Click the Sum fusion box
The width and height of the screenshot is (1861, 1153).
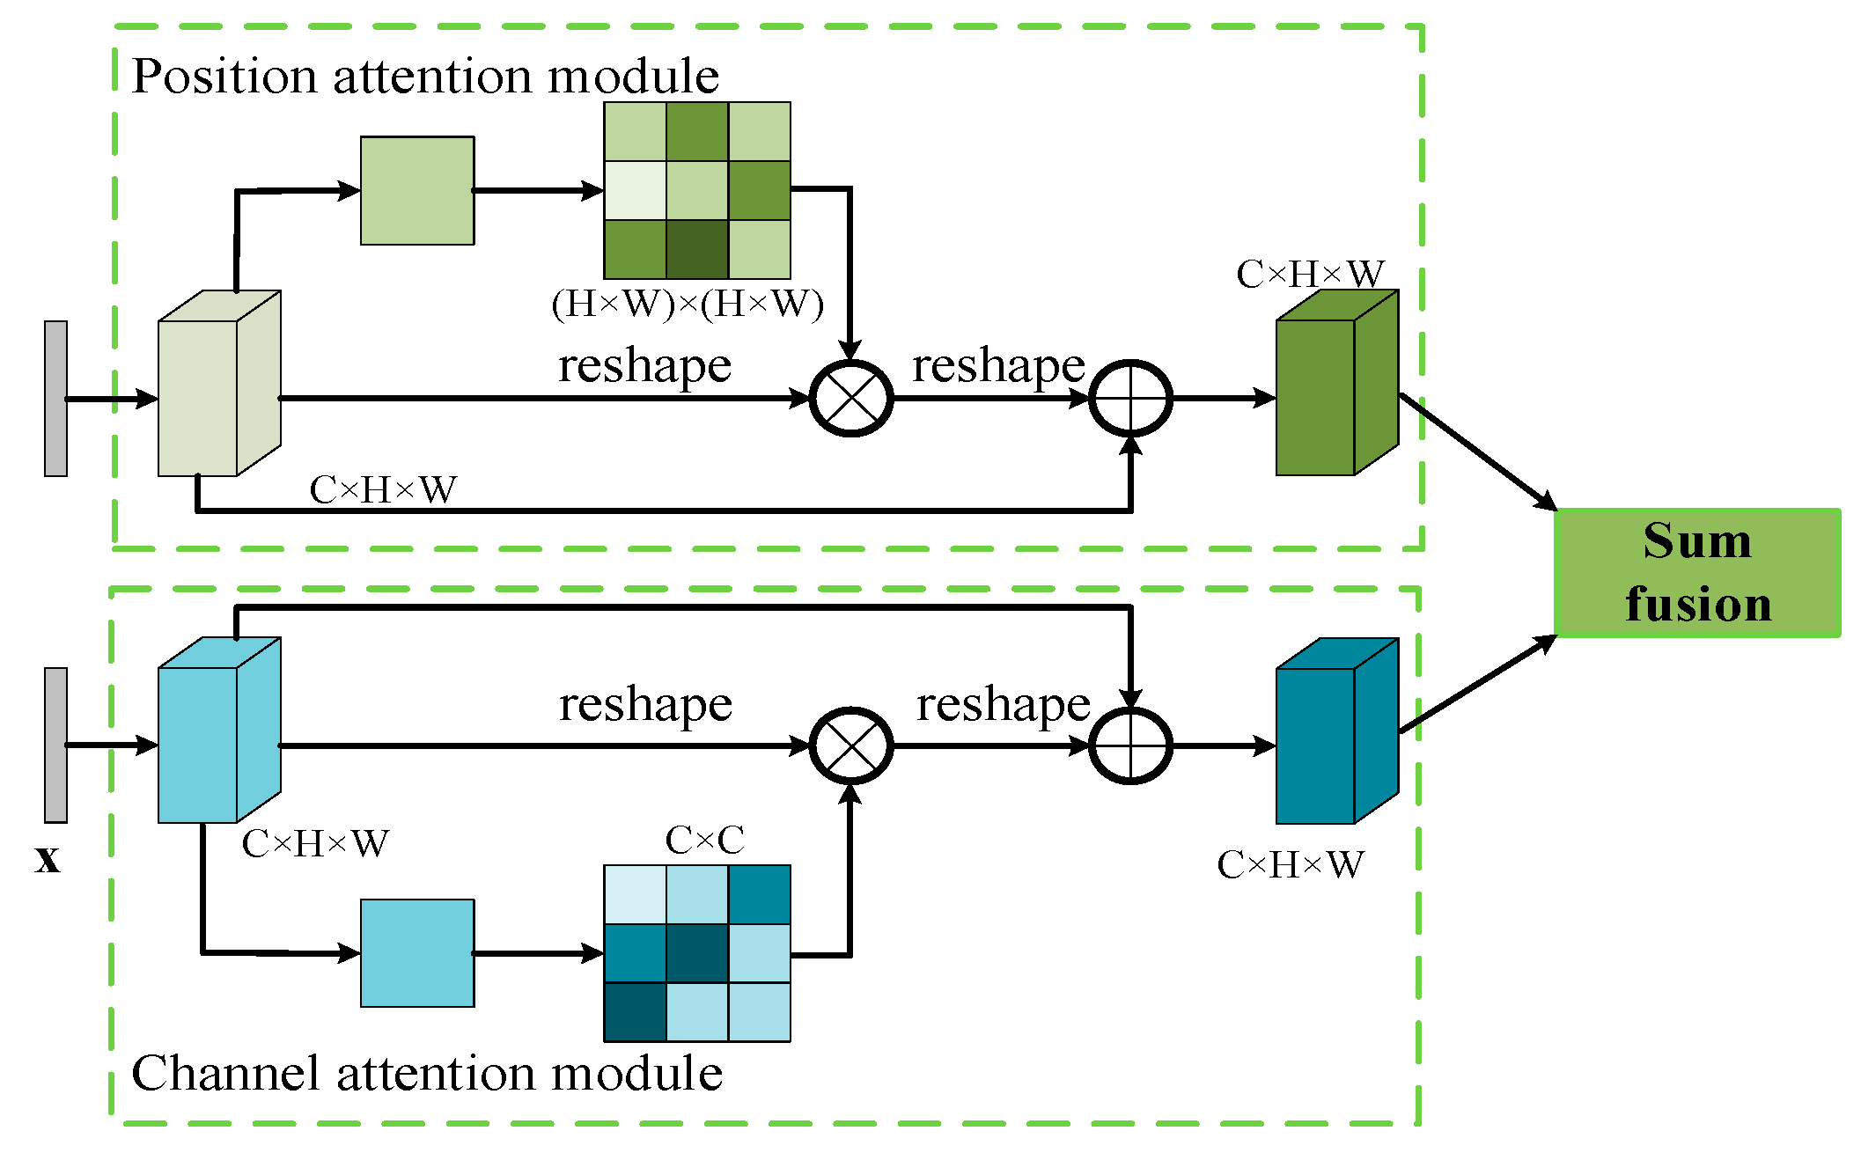pyautogui.click(x=1696, y=572)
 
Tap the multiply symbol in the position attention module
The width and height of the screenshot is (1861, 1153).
pyautogui.click(x=850, y=399)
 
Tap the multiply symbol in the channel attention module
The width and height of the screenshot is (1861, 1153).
pyautogui.click(x=850, y=745)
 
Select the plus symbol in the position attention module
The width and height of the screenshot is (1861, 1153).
pyautogui.click(x=1130, y=399)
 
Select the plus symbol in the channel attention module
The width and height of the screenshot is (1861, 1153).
pyautogui.click(x=1130, y=745)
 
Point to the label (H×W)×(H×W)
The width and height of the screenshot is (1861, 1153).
pyautogui.click(x=688, y=304)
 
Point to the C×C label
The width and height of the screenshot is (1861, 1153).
pyautogui.click(x=704, y=840)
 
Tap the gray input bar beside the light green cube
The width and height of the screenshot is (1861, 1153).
pyautogui.click(x=55, y=399)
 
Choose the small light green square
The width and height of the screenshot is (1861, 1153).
pyautogui.click(x=417, y=190)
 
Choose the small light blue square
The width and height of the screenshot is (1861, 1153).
pyautogui.click(x=417, y=952)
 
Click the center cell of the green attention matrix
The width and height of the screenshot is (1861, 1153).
pyautogui.click(x=696, y=190)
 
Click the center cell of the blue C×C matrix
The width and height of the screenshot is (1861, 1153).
pyautogui.click(x=696, y=952)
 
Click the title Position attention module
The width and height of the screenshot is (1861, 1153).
pyautogui.click(x=425, y=76)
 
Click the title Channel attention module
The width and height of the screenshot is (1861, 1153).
pyautogui.click(x=427, y=1074)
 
